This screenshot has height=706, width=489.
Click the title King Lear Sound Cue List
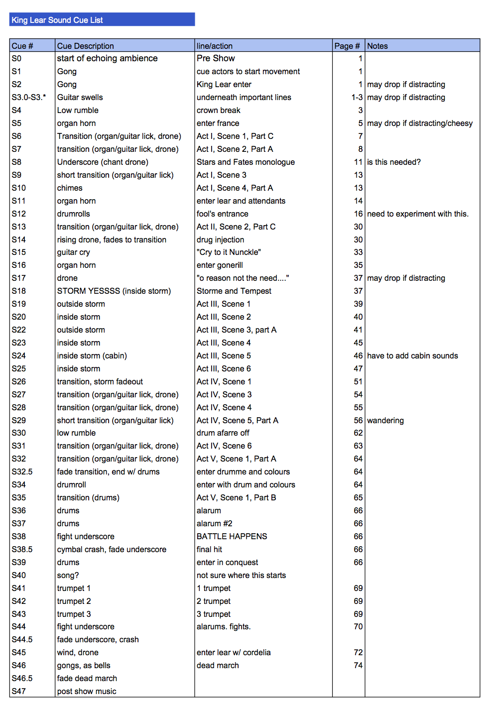click(x=57, y=20)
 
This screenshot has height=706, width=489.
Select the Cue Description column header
click(x=86, y=46)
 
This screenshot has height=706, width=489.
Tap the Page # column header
click(x=347, y=46)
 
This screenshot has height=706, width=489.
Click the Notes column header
click(x=377, y=46)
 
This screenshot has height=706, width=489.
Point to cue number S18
click(x=19, y=291)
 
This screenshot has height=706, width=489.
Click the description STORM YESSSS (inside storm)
click(x=114, y=291)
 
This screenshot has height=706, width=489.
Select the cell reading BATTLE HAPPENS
click(x=232, y=536)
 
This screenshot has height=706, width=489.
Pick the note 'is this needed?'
click(x=394, y=162)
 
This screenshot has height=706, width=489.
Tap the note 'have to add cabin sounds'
click(x=412, y=355)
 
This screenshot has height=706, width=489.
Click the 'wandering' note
click(x=385, y=420)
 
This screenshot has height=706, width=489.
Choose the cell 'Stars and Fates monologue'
click(x=245, y=162)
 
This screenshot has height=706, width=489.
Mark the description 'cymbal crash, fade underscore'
click(x=112, y=549)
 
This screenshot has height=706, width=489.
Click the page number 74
click(x=358, y=665)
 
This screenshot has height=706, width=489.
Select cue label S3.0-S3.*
click(x=29, y=97)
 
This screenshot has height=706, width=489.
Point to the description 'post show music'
click(x=87, y=691)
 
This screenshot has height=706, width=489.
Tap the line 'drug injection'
click(x=220, y=239)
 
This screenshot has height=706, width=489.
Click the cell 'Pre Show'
click(x=216, y=58)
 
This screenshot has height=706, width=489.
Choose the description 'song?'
click(x=68, y=575)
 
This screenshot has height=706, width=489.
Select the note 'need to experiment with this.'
click(x=418, y=214)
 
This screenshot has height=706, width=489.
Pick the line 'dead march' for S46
click(x=218, y=665)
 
